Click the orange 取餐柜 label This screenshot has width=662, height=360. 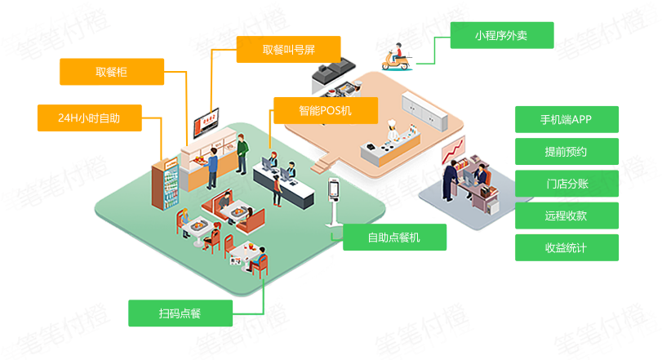pyautogui.click(x=111, y=73)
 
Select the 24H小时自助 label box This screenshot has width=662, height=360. pyautogui.click(x=89, y=118)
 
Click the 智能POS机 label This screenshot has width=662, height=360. pyautogui.click(x=325, y=110)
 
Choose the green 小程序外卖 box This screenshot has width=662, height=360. pyautogui.click(x=502, y=36)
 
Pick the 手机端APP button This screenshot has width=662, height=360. pyautogui.click(x=566, y=119)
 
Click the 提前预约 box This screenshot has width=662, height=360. pyautogui.click(x=566, y=152)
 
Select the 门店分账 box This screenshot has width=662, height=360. pyautogui.click(x=566, y=184)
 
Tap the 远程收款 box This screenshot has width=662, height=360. pyautogui.click(x=566, y=216)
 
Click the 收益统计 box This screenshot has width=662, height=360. pyautogui.click(x=566, y=247)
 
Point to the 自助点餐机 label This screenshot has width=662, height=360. pyautogui.click(x=394, y=238)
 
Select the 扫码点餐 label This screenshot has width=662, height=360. pyautogui.click(x=180, y=313)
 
